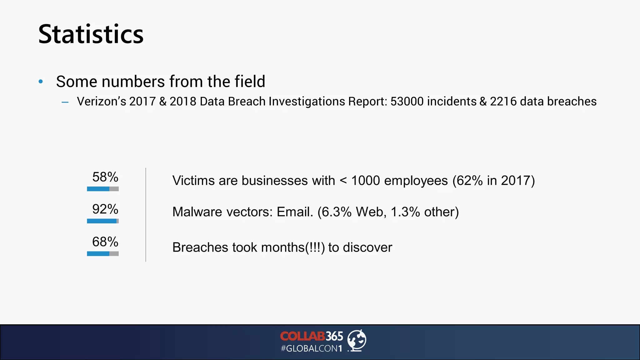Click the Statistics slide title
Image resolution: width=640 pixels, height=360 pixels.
tap(91, 34)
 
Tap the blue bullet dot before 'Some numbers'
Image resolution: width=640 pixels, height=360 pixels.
tap(41, 82)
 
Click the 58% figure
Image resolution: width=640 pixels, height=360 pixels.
tap(105, 177)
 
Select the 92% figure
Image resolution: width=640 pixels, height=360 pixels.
tap(105, 209)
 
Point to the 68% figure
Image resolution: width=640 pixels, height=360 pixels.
tap(105, 242)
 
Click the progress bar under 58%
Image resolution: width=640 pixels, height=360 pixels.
tap(103, 189)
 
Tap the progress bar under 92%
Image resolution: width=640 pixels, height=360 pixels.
tap(103, 221)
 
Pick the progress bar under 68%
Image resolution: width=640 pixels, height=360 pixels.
tap(103, 254)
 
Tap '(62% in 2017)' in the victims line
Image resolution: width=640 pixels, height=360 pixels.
tap(494, 181)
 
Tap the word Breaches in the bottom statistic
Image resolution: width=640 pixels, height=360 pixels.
tap(200, 247)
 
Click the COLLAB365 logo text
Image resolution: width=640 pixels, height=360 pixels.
tap(312, 336)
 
